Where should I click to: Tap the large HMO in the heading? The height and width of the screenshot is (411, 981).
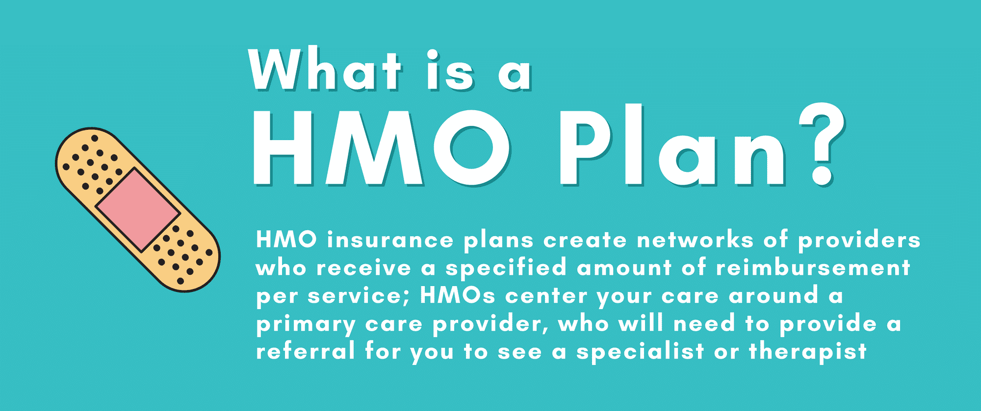pyautogui.click(x=381, y=147)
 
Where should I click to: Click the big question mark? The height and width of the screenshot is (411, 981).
pyautogui.click(x=822, y=145)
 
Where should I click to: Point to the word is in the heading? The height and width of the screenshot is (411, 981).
pyautogui.click(x=450, y=70)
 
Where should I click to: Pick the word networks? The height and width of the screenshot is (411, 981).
pyautogui.click(x=695, y=240)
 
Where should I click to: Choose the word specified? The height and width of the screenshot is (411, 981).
pyautogui.click(x=506, y=267)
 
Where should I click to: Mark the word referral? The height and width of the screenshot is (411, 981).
pyautogui.click(x=305, y=351)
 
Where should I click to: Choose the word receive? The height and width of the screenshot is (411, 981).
pyautogui.click(x=363, y=268)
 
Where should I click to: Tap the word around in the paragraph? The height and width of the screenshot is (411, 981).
pyautogui.click(x=774, y=295)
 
